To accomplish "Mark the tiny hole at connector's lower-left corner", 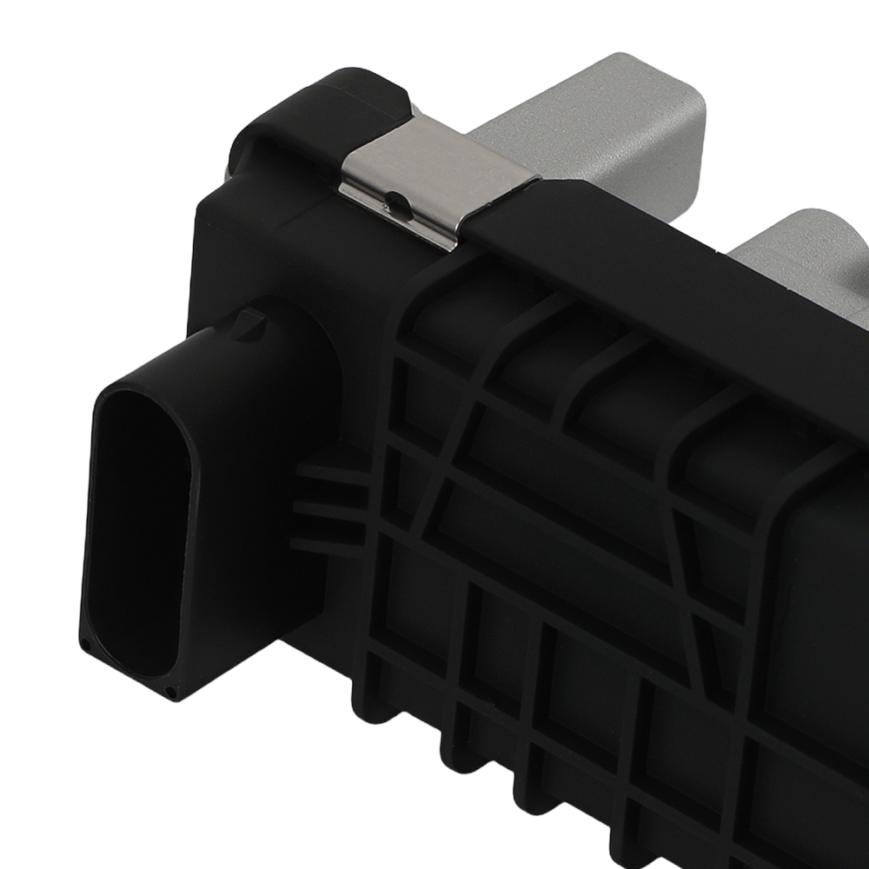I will click(86, 645).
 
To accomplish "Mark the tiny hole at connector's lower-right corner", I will click(173, 693).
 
